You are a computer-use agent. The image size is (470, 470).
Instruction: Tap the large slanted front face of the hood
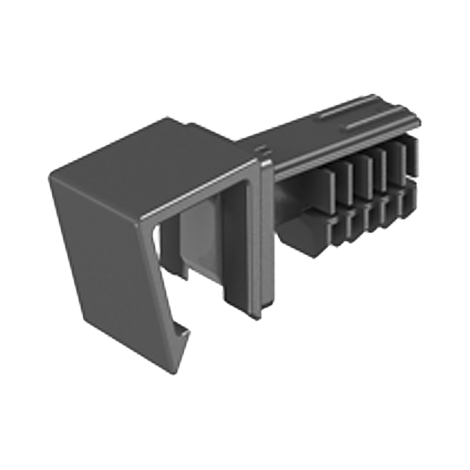pos(108,263)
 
